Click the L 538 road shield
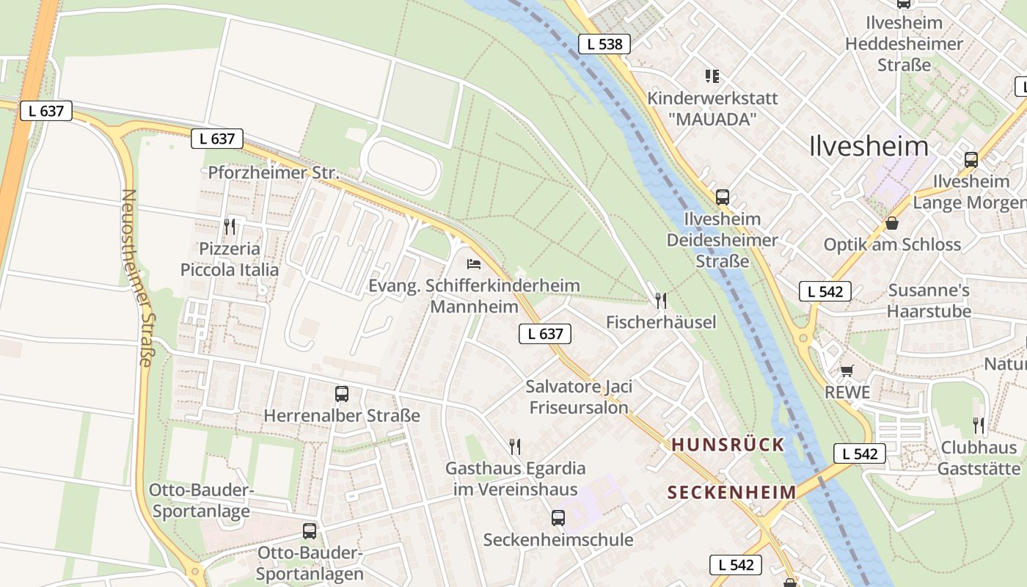pos(604,44)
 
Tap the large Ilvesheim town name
pos(869,146)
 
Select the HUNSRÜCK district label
pos(728,445)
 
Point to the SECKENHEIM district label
pos(731,492)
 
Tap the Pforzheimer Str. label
pos(274,173)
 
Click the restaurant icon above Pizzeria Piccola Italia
pos(230,226)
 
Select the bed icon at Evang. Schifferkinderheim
pos(474,263)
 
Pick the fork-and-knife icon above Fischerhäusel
pos(661,300)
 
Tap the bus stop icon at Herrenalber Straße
pos(342,393)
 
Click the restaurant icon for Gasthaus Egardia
pos(515,446)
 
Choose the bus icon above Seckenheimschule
pos(558,518)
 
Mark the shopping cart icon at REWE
pos(847,371)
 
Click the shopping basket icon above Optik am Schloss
pos(892,223)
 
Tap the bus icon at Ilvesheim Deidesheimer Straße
pos(723,197)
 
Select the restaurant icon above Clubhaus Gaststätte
pos(979,425)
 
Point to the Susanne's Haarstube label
pos(929,301)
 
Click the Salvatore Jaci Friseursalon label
pos(579,397)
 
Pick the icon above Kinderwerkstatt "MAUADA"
pos(712,76)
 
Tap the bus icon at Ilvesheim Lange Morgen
pos(971,159)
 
